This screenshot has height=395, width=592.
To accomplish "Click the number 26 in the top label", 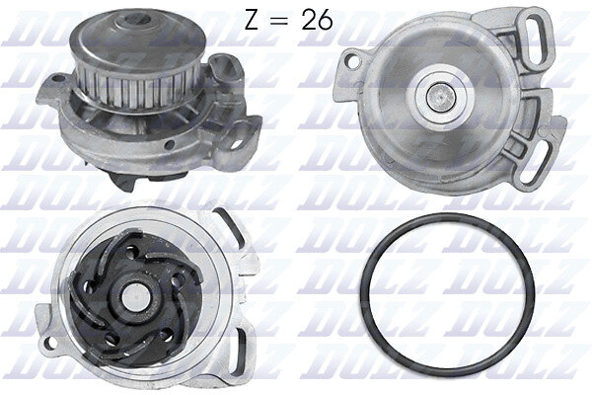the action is pyautogui.click(x=317, y=20).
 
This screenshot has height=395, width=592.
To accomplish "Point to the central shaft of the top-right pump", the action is pyautogui.click(x=441, y=98).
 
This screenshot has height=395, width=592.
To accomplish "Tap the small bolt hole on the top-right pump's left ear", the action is pyautogui.click(x=352, y=62).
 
